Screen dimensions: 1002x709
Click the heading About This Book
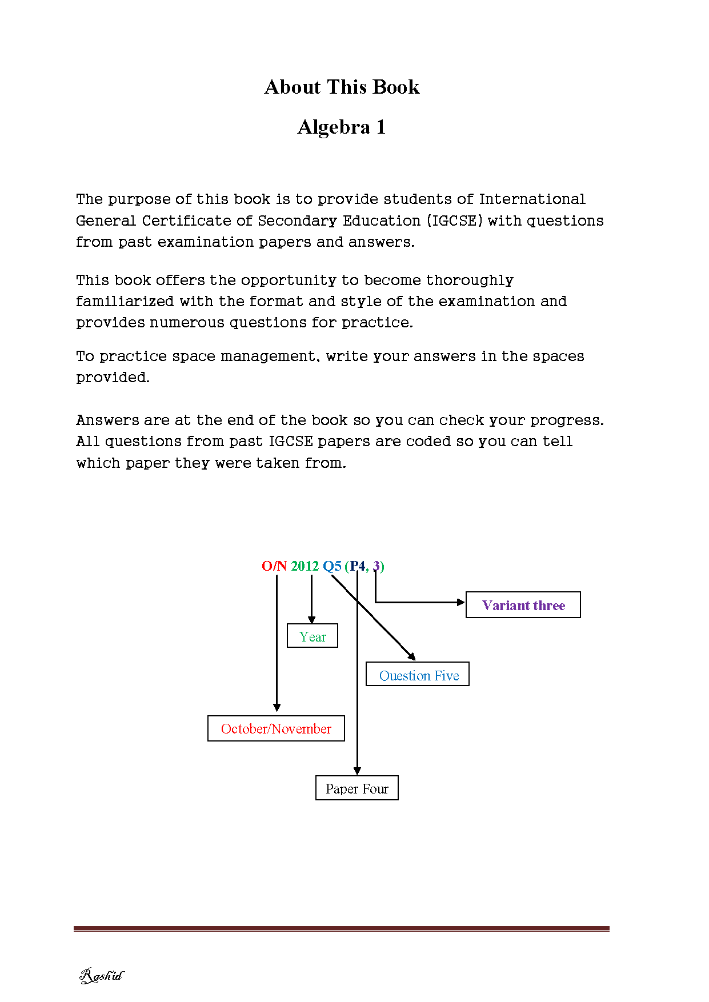pos(342,87)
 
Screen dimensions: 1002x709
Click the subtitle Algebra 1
pos(342,127)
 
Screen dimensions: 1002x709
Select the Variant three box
pos(523,605)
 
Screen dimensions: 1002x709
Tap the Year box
pos(313,636)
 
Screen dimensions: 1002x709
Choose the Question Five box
pos(418,675)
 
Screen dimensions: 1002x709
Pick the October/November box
pos(276,728)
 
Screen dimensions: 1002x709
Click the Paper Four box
pos(356,788)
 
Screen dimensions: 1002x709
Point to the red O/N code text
pos(274,566)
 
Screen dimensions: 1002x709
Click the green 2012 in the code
pos(305,566)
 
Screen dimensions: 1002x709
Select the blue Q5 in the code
pos(332,566)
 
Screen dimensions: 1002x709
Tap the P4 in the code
pos(358,566)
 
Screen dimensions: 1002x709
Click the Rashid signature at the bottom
pos(101,975)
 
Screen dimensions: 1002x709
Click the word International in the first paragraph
pos(532,199)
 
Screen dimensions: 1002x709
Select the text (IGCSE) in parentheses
pos(455,221)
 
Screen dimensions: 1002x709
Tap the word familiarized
pos(125,301)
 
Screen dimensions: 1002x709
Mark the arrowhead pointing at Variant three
pos(461,602)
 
